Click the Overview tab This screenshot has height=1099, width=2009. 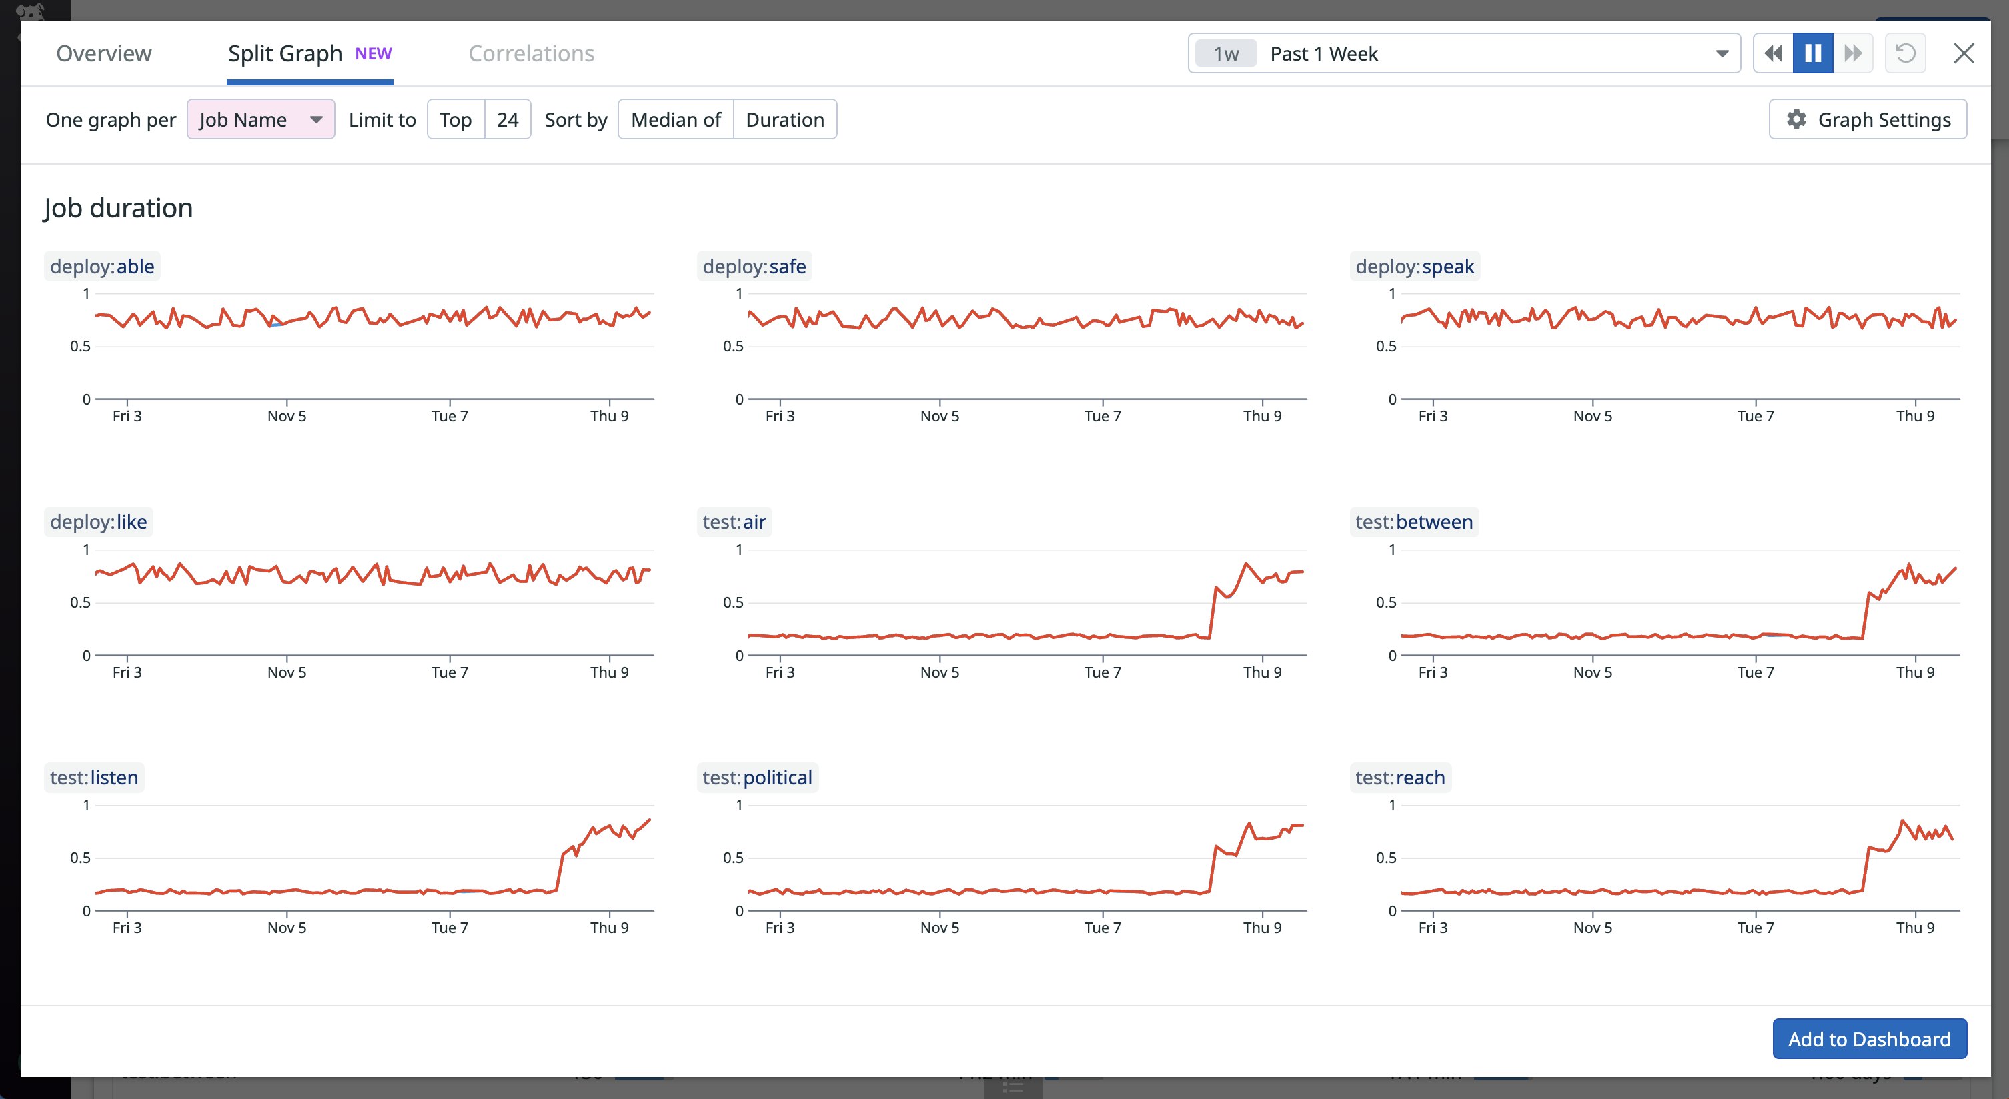tap(104, 54)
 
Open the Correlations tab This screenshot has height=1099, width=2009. tap(531, 54)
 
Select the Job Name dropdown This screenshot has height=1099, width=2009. tap(261, 119)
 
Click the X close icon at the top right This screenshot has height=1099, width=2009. tap(1963, 54)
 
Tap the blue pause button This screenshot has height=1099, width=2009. tap(1812, 54)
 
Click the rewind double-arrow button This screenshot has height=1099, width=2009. tap(1773, 54)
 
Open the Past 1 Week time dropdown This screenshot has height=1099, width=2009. tap(1464, 54)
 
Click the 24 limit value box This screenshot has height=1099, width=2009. tap(508, 119)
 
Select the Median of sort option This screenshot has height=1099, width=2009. tap(676, 119)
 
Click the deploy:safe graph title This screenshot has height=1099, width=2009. tap(754, 267)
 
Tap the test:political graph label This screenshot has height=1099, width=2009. tap(757, 778)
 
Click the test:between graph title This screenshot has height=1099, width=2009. tap(1414, 521)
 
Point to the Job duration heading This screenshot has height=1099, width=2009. tap(119, 208)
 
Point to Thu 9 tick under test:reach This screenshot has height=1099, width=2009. tap(1916, 928)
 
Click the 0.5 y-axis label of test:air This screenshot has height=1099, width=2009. tap(733, 602)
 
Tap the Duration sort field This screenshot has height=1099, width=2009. tap(784, 119)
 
